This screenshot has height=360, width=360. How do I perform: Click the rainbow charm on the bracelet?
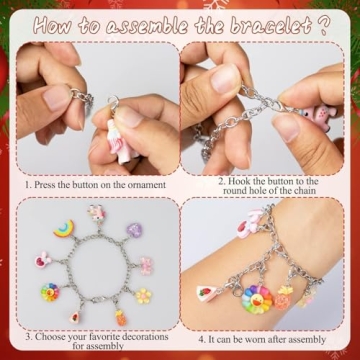click(64, 229)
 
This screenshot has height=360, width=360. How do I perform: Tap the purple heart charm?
click(134, 230)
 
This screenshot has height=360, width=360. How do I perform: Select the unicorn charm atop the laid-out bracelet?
click(97, 212)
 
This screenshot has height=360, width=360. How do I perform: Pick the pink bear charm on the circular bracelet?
click(146, 266)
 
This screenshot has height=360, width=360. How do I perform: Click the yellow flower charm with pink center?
click(144, 296)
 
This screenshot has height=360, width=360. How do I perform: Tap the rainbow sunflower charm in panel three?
click(50, 292)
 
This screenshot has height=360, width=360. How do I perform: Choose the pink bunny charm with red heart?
click(43, 260)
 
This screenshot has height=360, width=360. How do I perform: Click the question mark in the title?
click(321, 26)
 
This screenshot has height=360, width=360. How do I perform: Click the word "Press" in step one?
click(44, 185)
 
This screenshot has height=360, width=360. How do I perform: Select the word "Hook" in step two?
click(238, 182)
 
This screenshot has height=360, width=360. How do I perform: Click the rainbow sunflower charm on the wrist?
click(256, 299)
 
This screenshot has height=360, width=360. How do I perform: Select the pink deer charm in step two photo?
click(318, 116)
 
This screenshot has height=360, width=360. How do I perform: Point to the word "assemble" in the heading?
click(148, 26)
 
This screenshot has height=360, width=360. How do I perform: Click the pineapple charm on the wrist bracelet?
click(283, 297)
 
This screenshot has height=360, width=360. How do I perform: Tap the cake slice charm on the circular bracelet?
click(75, 317)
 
